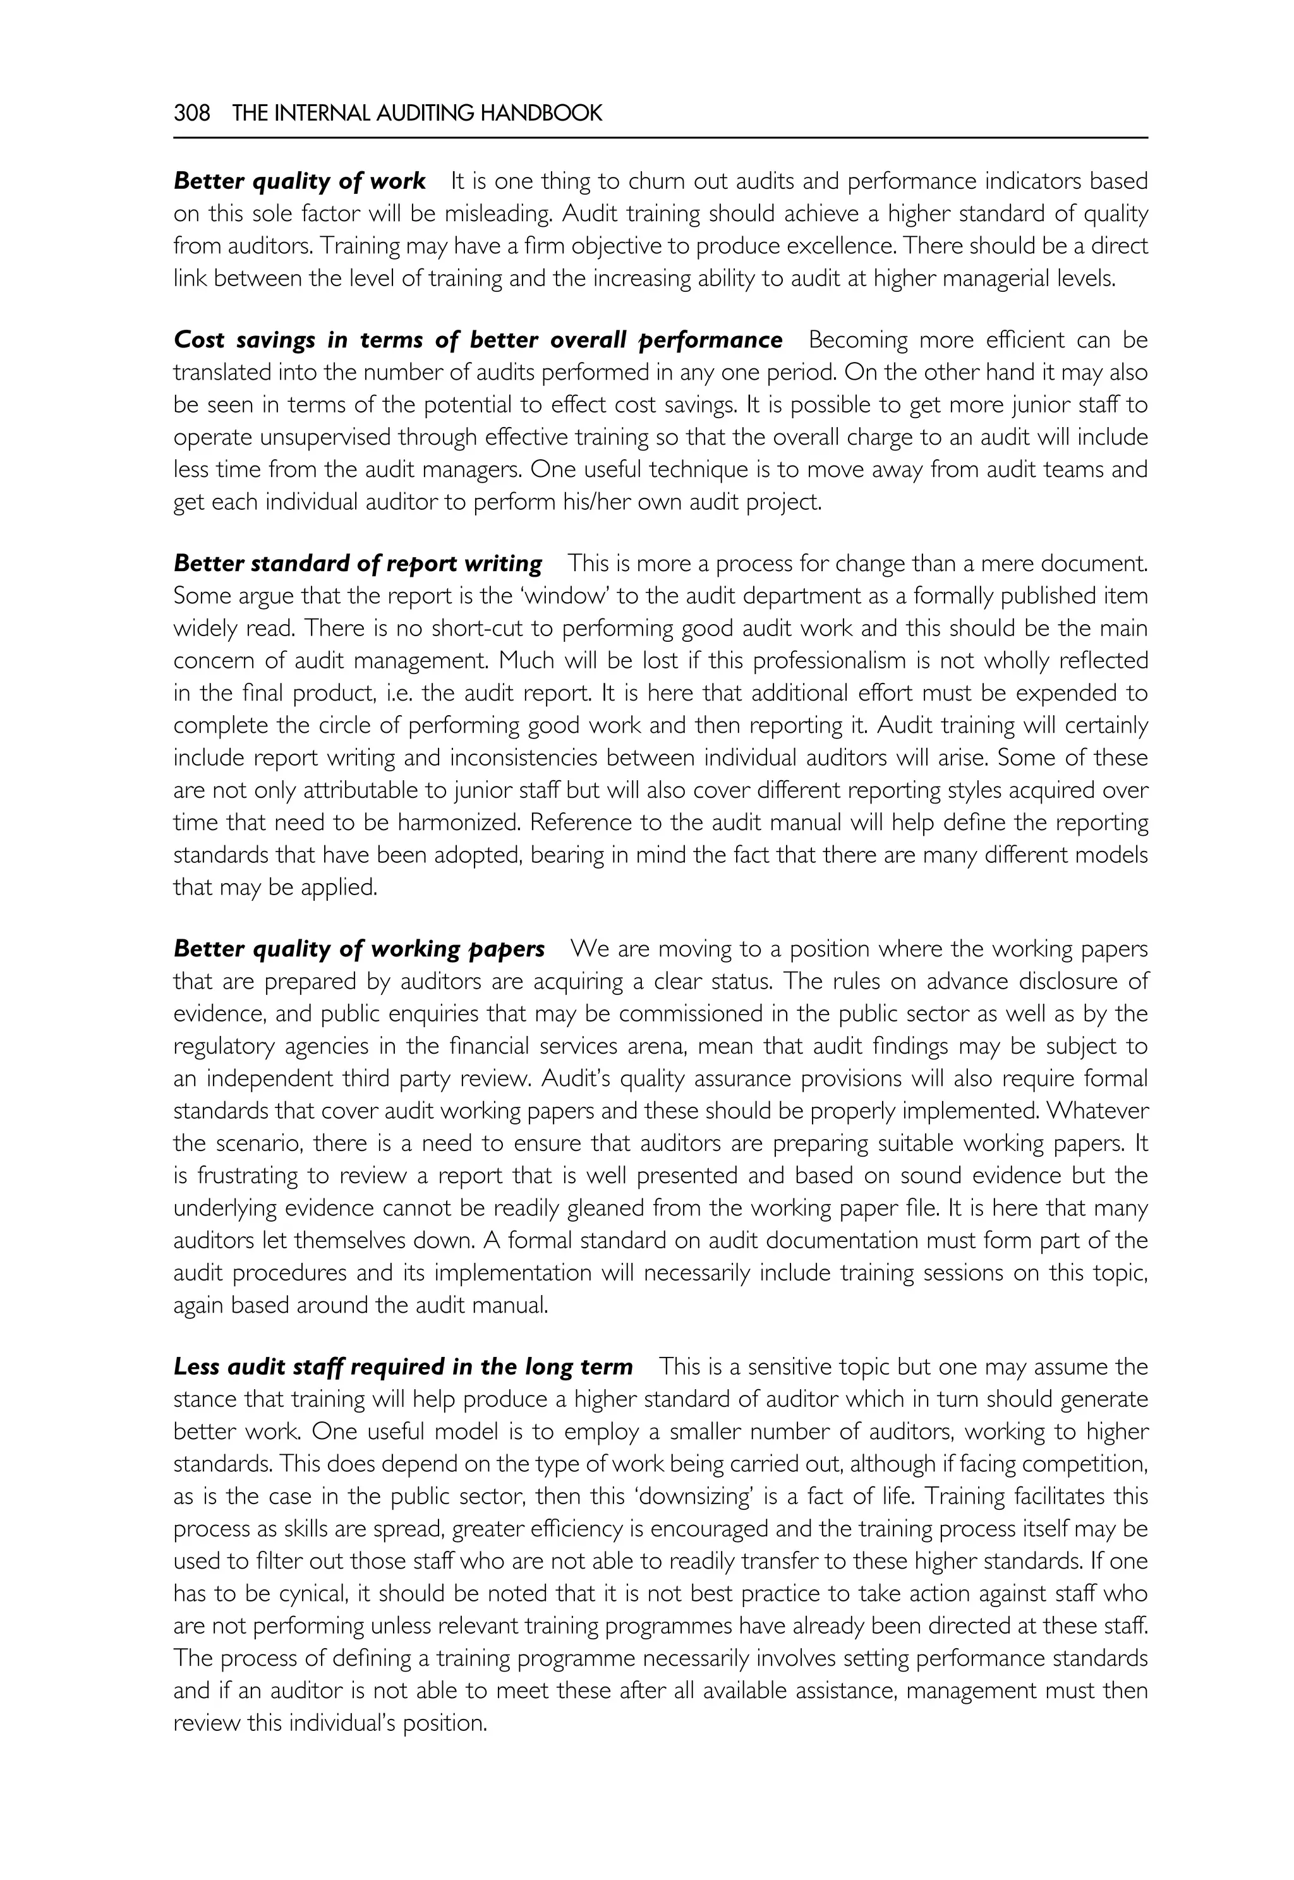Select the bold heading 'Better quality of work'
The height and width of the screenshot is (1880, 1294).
pos(299,181)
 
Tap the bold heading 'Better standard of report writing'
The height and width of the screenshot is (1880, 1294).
pos(358,563)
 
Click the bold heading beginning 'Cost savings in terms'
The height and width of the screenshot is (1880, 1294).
pos(478,340)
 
